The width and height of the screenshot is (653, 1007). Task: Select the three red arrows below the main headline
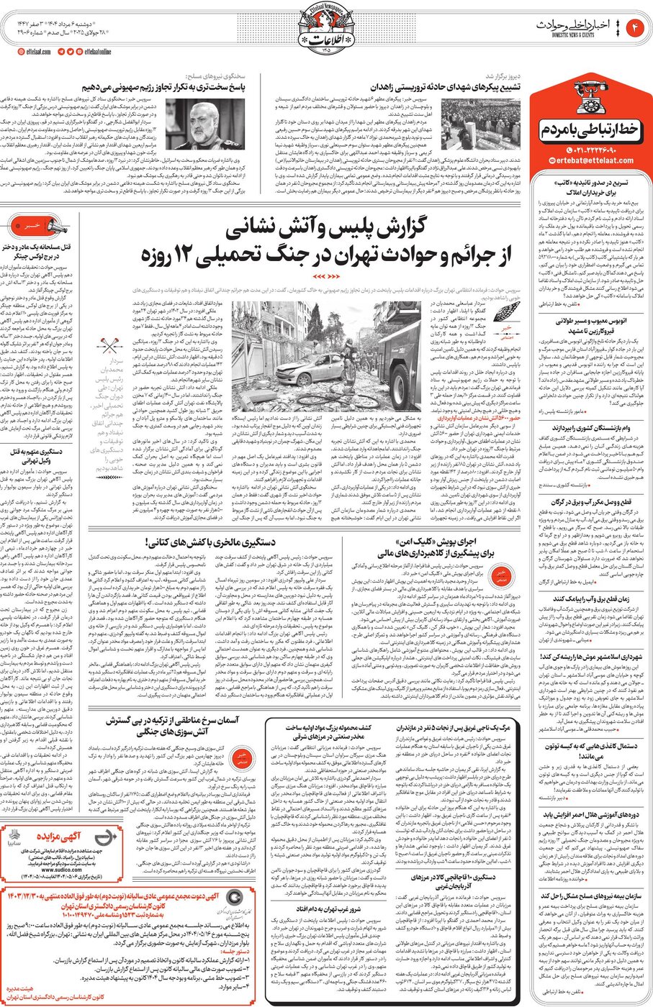325,275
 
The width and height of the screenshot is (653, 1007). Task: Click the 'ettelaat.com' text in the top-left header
36,52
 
